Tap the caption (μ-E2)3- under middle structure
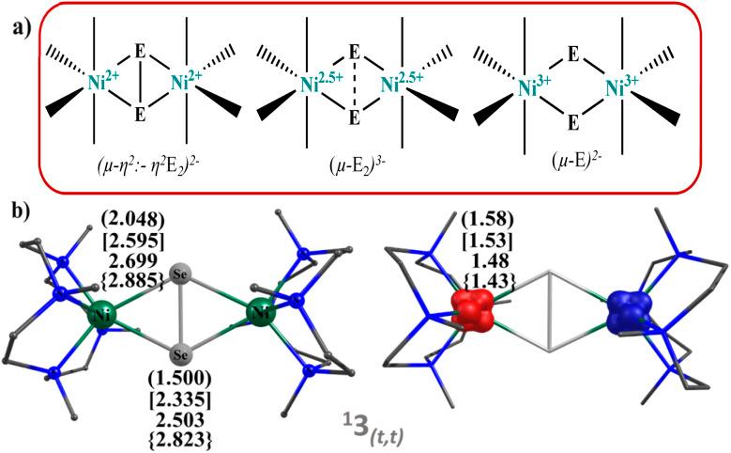coord(352,172)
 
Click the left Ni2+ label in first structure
coord(101,84)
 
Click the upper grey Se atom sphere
coord(184,273)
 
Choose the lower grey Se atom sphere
coord(184,355)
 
